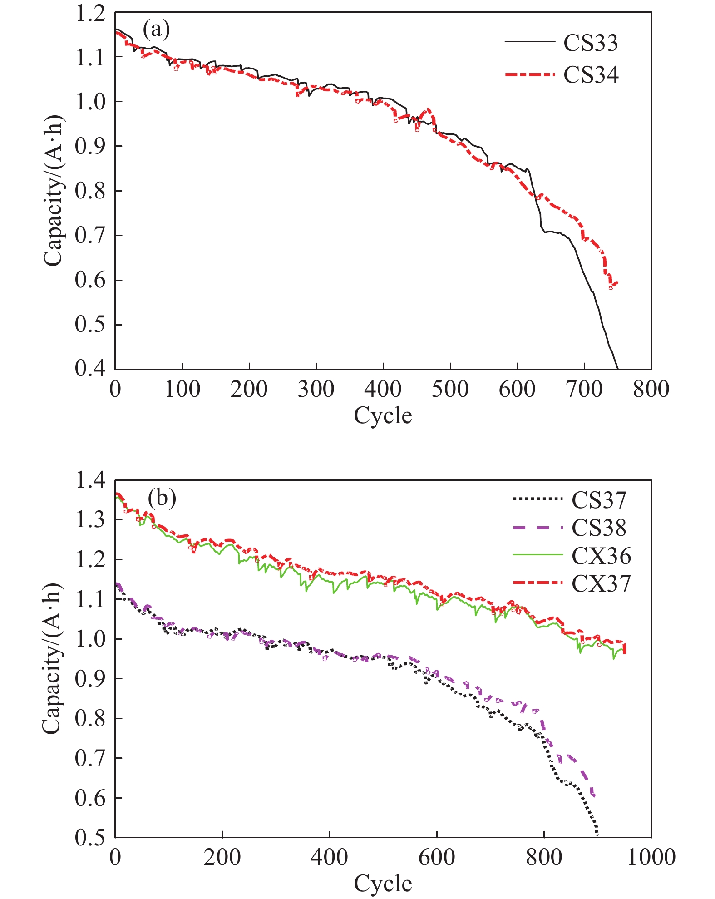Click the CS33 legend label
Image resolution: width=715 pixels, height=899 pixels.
[591, 43]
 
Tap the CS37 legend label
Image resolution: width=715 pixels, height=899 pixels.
[599, 500]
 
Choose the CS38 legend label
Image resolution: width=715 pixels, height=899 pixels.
[599, 528]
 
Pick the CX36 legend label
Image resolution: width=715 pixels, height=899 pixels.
[601, 556]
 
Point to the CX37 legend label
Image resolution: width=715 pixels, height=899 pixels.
[601, 584]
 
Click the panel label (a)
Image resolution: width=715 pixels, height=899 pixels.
[156, 30]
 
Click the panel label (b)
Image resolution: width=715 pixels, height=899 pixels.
[162, 498]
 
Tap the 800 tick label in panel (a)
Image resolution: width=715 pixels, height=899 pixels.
[651, 390]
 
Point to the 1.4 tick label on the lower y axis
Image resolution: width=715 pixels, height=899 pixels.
[90, 480]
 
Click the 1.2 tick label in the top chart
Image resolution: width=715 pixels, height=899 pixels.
[90, 14]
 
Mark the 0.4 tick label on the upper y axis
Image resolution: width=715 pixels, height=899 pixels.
[90, 368]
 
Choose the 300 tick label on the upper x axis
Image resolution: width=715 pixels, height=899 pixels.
[316, 390]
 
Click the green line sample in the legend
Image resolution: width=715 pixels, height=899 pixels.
[537, 555]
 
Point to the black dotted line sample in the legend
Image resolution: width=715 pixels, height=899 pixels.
[537, 499]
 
